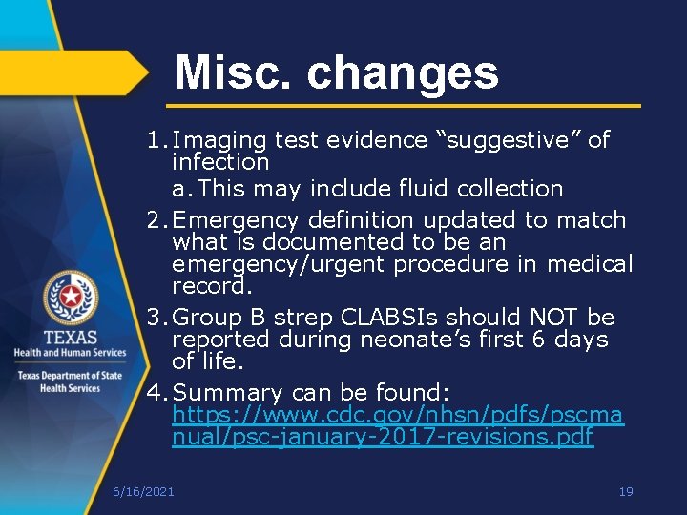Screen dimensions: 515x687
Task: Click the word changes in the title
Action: tap(402, 72)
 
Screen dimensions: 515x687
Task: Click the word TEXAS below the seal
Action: tap(70, 338)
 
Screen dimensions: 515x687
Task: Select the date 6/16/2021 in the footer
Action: tap(143, 492)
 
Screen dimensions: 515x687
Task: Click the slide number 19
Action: tap(626, 492)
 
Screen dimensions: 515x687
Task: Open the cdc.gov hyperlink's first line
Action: tap(398, 416)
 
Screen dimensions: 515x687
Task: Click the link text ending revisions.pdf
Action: tap(383, 438)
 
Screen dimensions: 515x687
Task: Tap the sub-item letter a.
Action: tap(179, 189)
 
